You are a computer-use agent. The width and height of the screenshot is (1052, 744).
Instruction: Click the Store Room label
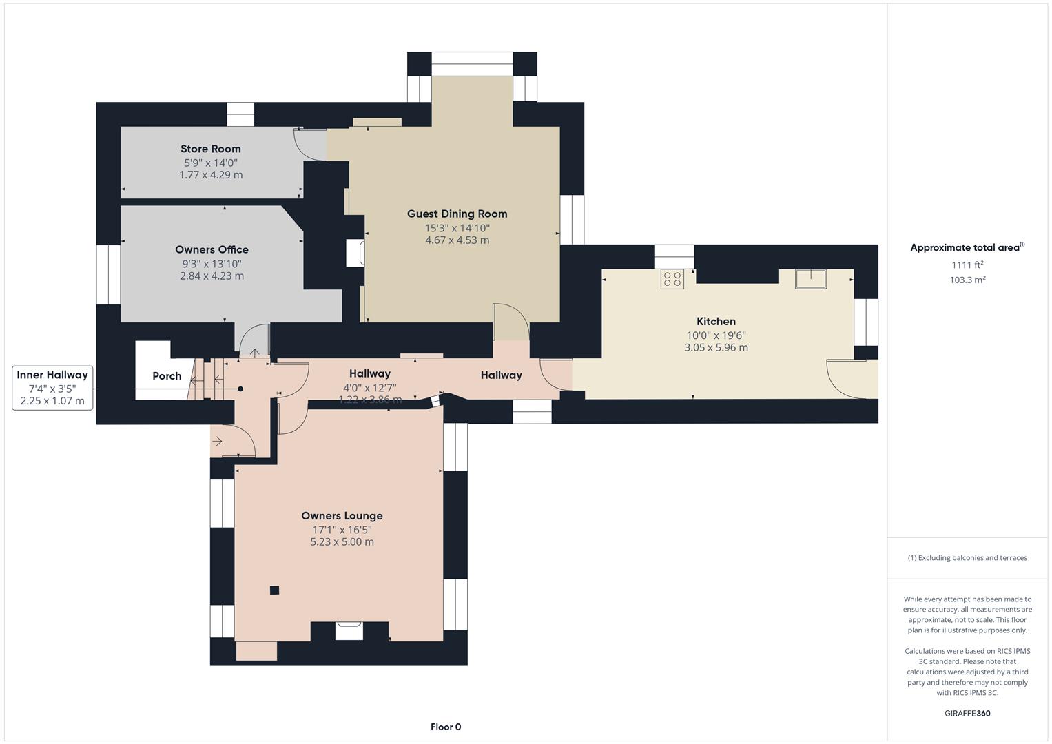[x=210, y=149]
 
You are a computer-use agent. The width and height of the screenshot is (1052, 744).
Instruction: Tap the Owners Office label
[x=212, y=250]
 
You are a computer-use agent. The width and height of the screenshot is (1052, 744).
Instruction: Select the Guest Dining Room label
[x=457, y=214]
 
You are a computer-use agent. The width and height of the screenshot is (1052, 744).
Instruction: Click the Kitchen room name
[x=716, y=322]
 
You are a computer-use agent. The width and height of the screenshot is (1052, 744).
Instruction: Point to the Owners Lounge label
[x=342, y=516]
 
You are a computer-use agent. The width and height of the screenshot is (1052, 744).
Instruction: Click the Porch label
[x=167, y=376]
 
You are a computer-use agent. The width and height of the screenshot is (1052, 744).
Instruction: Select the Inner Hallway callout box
[x=52, y=388]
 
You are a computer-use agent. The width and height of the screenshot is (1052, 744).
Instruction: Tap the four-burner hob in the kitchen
[x=672, y=279]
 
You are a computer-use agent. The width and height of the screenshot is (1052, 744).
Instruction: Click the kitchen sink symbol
[x=811, y=279]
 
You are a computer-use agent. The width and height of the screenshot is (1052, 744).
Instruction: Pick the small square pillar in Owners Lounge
[x=274, y=590]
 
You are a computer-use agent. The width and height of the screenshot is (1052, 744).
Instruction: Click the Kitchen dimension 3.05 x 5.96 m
[x=716, y=348]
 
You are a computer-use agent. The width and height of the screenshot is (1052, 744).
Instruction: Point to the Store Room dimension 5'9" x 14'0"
[x=210, y=163]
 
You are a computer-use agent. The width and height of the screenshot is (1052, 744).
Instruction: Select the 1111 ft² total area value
[x=967, y=265]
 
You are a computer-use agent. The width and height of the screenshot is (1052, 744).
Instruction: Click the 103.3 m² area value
[x=967, y=280]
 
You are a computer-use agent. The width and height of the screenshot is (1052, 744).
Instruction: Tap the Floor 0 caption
[x=446, y=727]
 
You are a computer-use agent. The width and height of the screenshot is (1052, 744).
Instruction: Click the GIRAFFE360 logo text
[x=967, y=713]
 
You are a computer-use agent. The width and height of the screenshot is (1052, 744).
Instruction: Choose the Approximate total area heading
[x=967, y=248]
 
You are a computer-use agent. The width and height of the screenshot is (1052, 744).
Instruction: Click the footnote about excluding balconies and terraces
[x=967, y=558]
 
